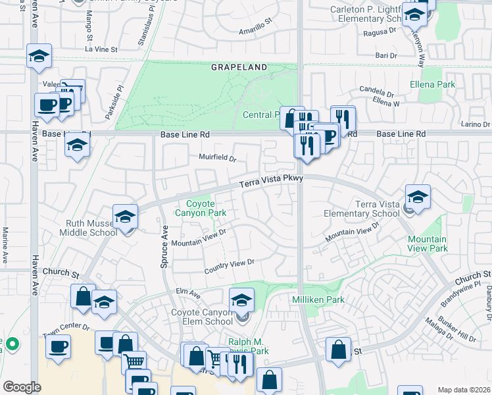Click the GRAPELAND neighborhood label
[239, 67]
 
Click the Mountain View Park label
[428, 244]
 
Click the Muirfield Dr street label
[217, 157]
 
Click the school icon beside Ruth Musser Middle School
[125, 215]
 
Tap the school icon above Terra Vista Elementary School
[418, 196]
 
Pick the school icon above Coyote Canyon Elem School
[242, 300]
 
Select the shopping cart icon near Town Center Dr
[134, 361]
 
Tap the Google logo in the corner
[22, 387]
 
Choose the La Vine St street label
[101, 49]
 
